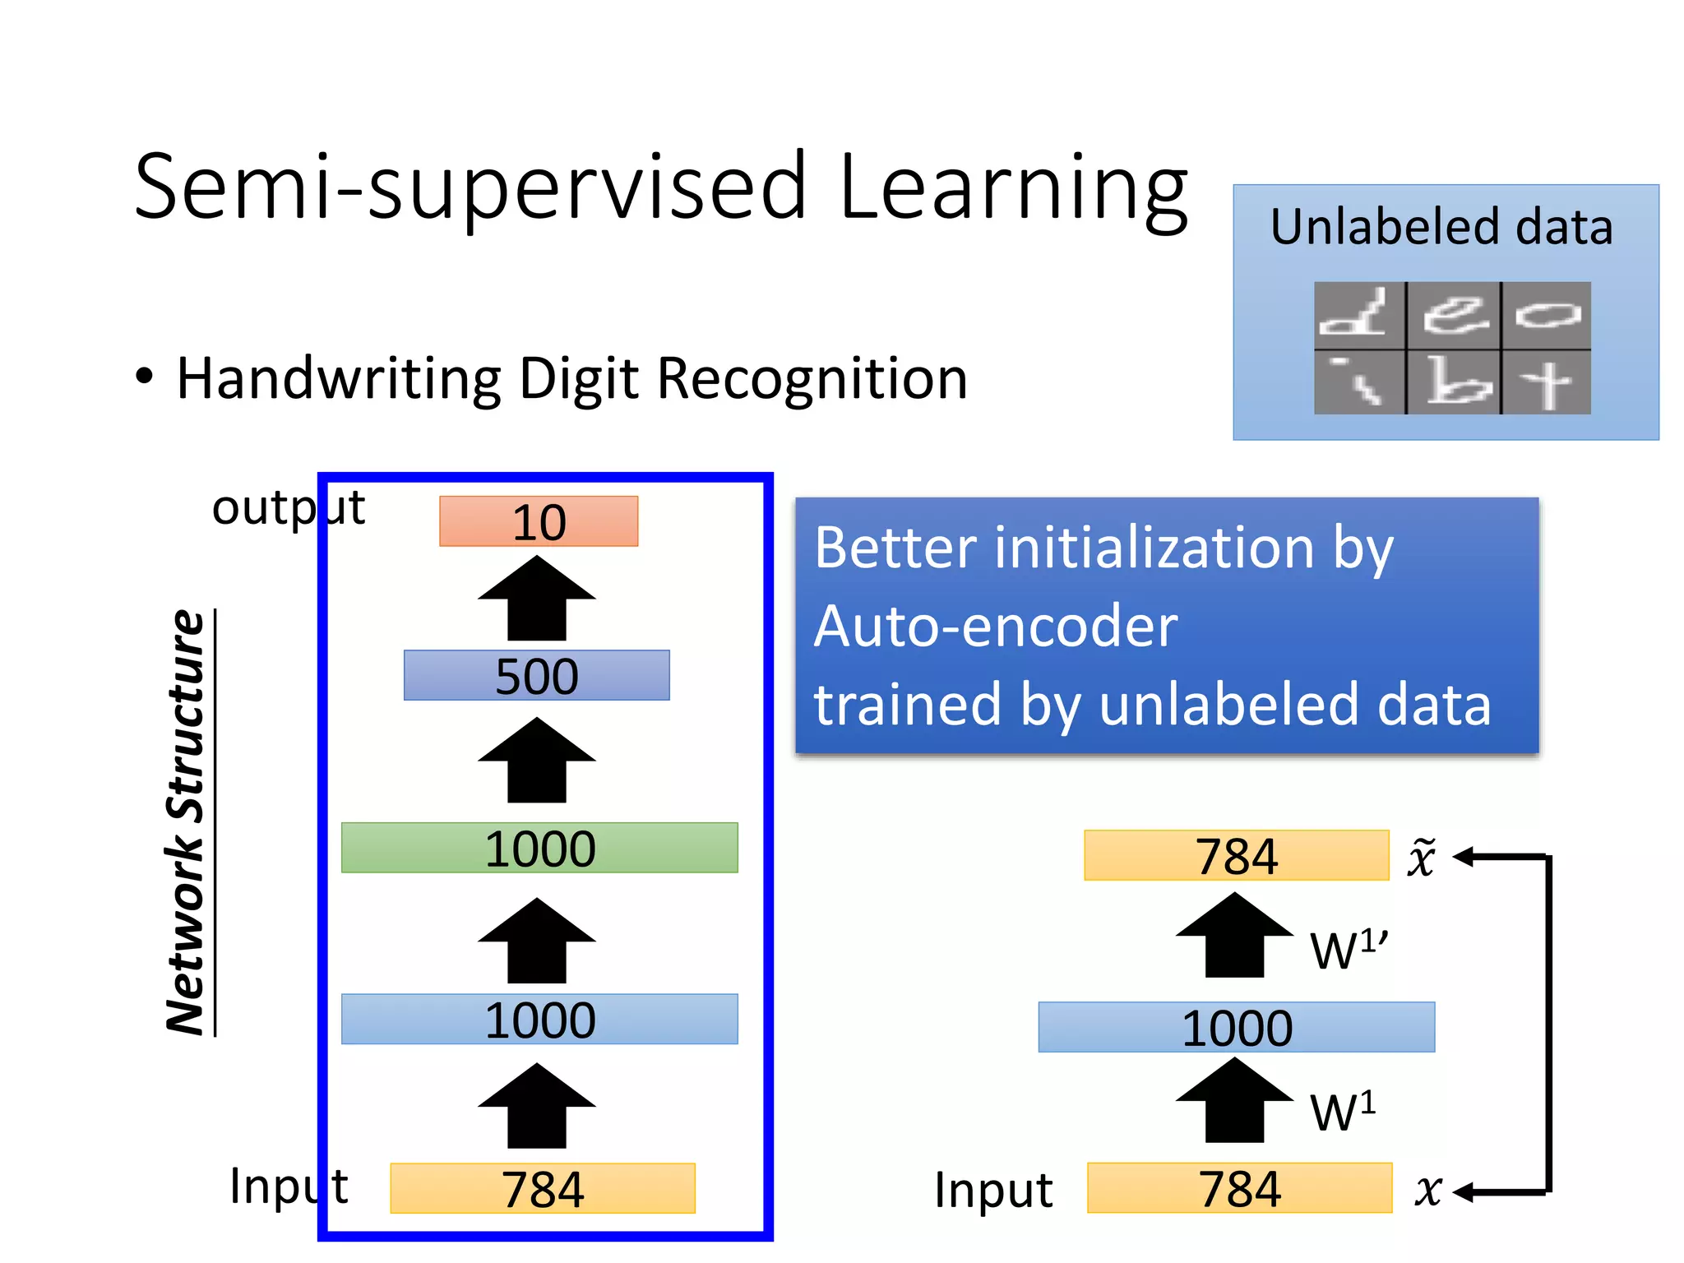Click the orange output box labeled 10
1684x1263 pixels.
(539, 521)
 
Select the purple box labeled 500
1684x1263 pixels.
(536, 676)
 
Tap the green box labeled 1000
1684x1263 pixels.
(539, 848)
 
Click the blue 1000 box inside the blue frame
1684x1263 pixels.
(539, 1020)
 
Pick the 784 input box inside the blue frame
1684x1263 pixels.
(543, 1188)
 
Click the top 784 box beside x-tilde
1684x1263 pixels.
(1236, 856)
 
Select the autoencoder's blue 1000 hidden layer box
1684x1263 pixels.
(1236, 1027)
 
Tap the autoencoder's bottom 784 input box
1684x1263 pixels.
(1239, 1188)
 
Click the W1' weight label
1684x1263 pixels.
(1349, 950)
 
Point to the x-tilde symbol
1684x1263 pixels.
(1422, 858)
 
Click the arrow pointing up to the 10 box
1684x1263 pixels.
(537, 599)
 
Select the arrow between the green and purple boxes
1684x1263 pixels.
(537, 761)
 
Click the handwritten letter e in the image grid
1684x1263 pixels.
(1454, 315)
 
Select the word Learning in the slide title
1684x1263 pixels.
(1013, 189)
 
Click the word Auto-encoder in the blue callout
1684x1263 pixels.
(995, 626)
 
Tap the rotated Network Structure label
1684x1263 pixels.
(186, 822)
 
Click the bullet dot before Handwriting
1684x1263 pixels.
(145, 377)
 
